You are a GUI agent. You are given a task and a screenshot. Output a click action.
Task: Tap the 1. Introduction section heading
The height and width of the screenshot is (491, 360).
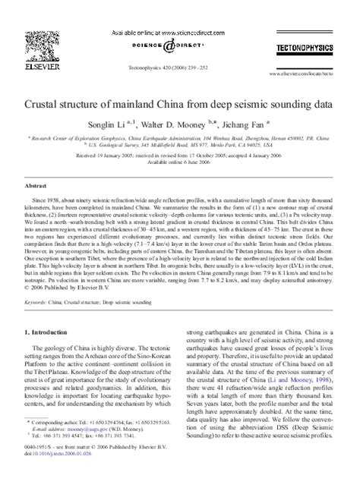click(53, 310)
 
